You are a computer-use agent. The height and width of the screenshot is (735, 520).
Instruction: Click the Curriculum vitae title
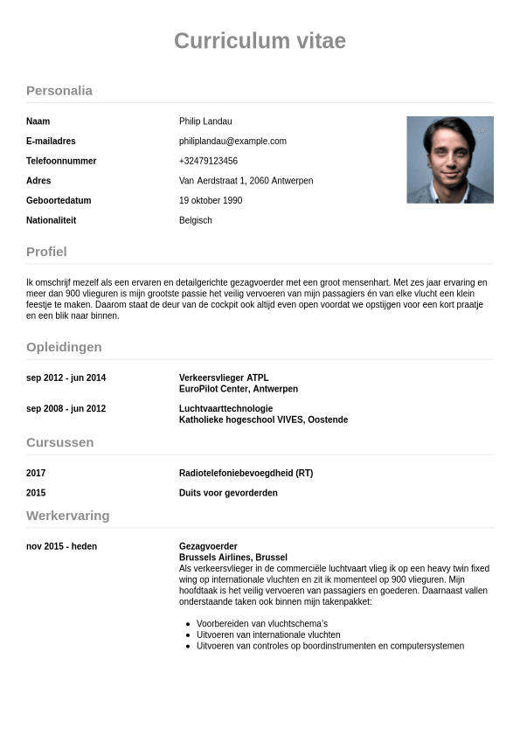[x=260, y=41]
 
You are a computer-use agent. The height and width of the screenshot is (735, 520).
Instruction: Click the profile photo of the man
[x=450, y=160]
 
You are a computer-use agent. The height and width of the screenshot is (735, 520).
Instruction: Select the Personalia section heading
[x=59, y=91]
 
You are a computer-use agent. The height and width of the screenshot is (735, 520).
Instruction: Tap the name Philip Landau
[x=205, y=121]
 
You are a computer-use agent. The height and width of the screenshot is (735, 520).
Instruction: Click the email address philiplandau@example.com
[x=232, y=142]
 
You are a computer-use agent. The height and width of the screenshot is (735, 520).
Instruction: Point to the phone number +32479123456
[x=208, y=161]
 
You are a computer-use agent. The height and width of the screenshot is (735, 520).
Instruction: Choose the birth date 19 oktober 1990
[x=211, y=200]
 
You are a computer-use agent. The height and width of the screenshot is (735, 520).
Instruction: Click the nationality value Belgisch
[x=196, y=220]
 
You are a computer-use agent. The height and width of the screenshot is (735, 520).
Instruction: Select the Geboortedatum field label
[x=59, y=200]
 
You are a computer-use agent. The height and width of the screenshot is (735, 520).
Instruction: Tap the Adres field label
[x=38, y=181]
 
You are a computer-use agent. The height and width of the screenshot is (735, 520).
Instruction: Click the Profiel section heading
[x=46, y=252]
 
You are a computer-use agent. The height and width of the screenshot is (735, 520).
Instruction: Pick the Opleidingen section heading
[x=64, y=347]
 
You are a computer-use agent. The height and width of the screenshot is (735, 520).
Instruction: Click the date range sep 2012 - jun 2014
[x=66, y=378]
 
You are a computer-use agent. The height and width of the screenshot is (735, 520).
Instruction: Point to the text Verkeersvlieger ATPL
[x=224, y=378]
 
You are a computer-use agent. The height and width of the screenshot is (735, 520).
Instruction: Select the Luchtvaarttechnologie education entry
[x=225, y=408]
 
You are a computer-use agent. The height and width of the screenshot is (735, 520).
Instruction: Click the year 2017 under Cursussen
[x=36, y=473]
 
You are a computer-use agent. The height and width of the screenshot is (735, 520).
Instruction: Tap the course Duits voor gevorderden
[x=228, y=493]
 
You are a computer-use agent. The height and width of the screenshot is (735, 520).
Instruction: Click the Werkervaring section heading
[x=68, y=516]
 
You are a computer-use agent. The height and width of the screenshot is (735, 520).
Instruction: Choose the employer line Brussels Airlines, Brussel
[x=233, y=558]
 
